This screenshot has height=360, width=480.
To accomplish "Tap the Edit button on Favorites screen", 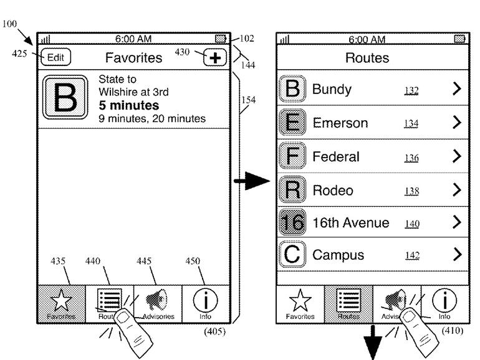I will coord(55,57).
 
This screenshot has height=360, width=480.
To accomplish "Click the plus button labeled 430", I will coord(215,58).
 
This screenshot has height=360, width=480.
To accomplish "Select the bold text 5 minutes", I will coord(129,105).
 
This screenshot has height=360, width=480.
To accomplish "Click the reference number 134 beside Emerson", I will coord(411,124).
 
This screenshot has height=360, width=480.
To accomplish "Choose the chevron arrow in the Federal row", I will coord(457,156).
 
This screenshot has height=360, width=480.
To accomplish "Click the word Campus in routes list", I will coord(338,255).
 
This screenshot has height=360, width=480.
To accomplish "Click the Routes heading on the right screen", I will coord(367,59).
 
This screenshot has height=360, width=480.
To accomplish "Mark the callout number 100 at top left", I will coord(10,24).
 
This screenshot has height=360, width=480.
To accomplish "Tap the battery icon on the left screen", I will coord(219,39).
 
